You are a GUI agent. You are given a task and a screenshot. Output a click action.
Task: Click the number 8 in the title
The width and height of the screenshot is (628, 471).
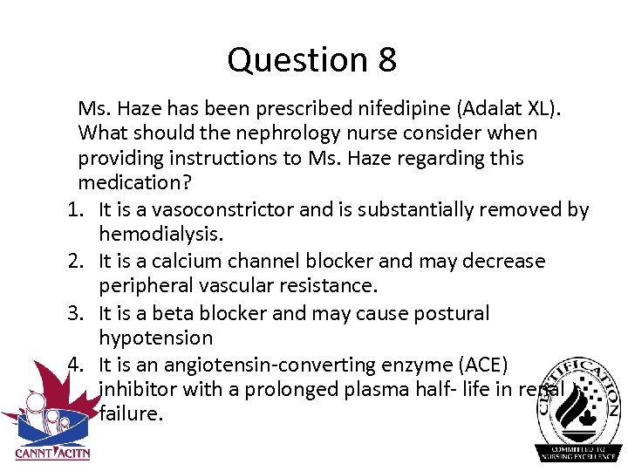point(387,60)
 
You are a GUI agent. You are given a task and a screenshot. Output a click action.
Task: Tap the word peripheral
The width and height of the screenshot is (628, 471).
point(142,286)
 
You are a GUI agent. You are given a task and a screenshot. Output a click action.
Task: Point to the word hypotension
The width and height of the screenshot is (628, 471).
point(155,338)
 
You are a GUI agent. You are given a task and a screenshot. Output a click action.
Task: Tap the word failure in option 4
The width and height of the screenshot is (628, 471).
point(131,413)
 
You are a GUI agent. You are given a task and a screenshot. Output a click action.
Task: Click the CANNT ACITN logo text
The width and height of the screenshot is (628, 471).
point(52,452)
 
